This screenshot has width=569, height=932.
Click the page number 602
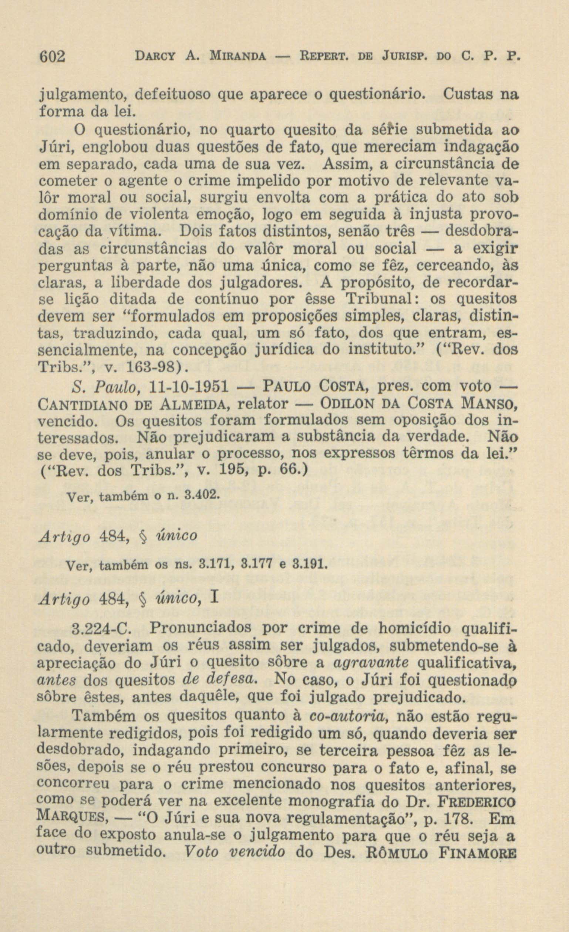(x=53, y=57)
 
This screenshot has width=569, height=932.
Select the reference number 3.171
(x=220, y=566)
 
